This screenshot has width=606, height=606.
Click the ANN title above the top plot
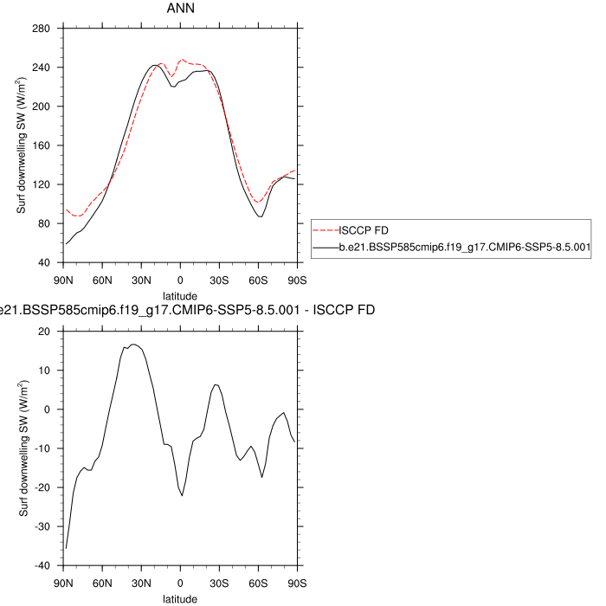pyautogui.click(x=180, y=9)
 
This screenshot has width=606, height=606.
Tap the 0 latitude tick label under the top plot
pyautogui.click(x=180, y=280)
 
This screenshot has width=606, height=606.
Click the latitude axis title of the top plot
pyautogui.click(x=180, y=295)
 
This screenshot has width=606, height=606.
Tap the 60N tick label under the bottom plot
pyautogui.click(x=103, y=583)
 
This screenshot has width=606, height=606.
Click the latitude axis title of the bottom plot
pyautogui.click(x=180, y=598)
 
